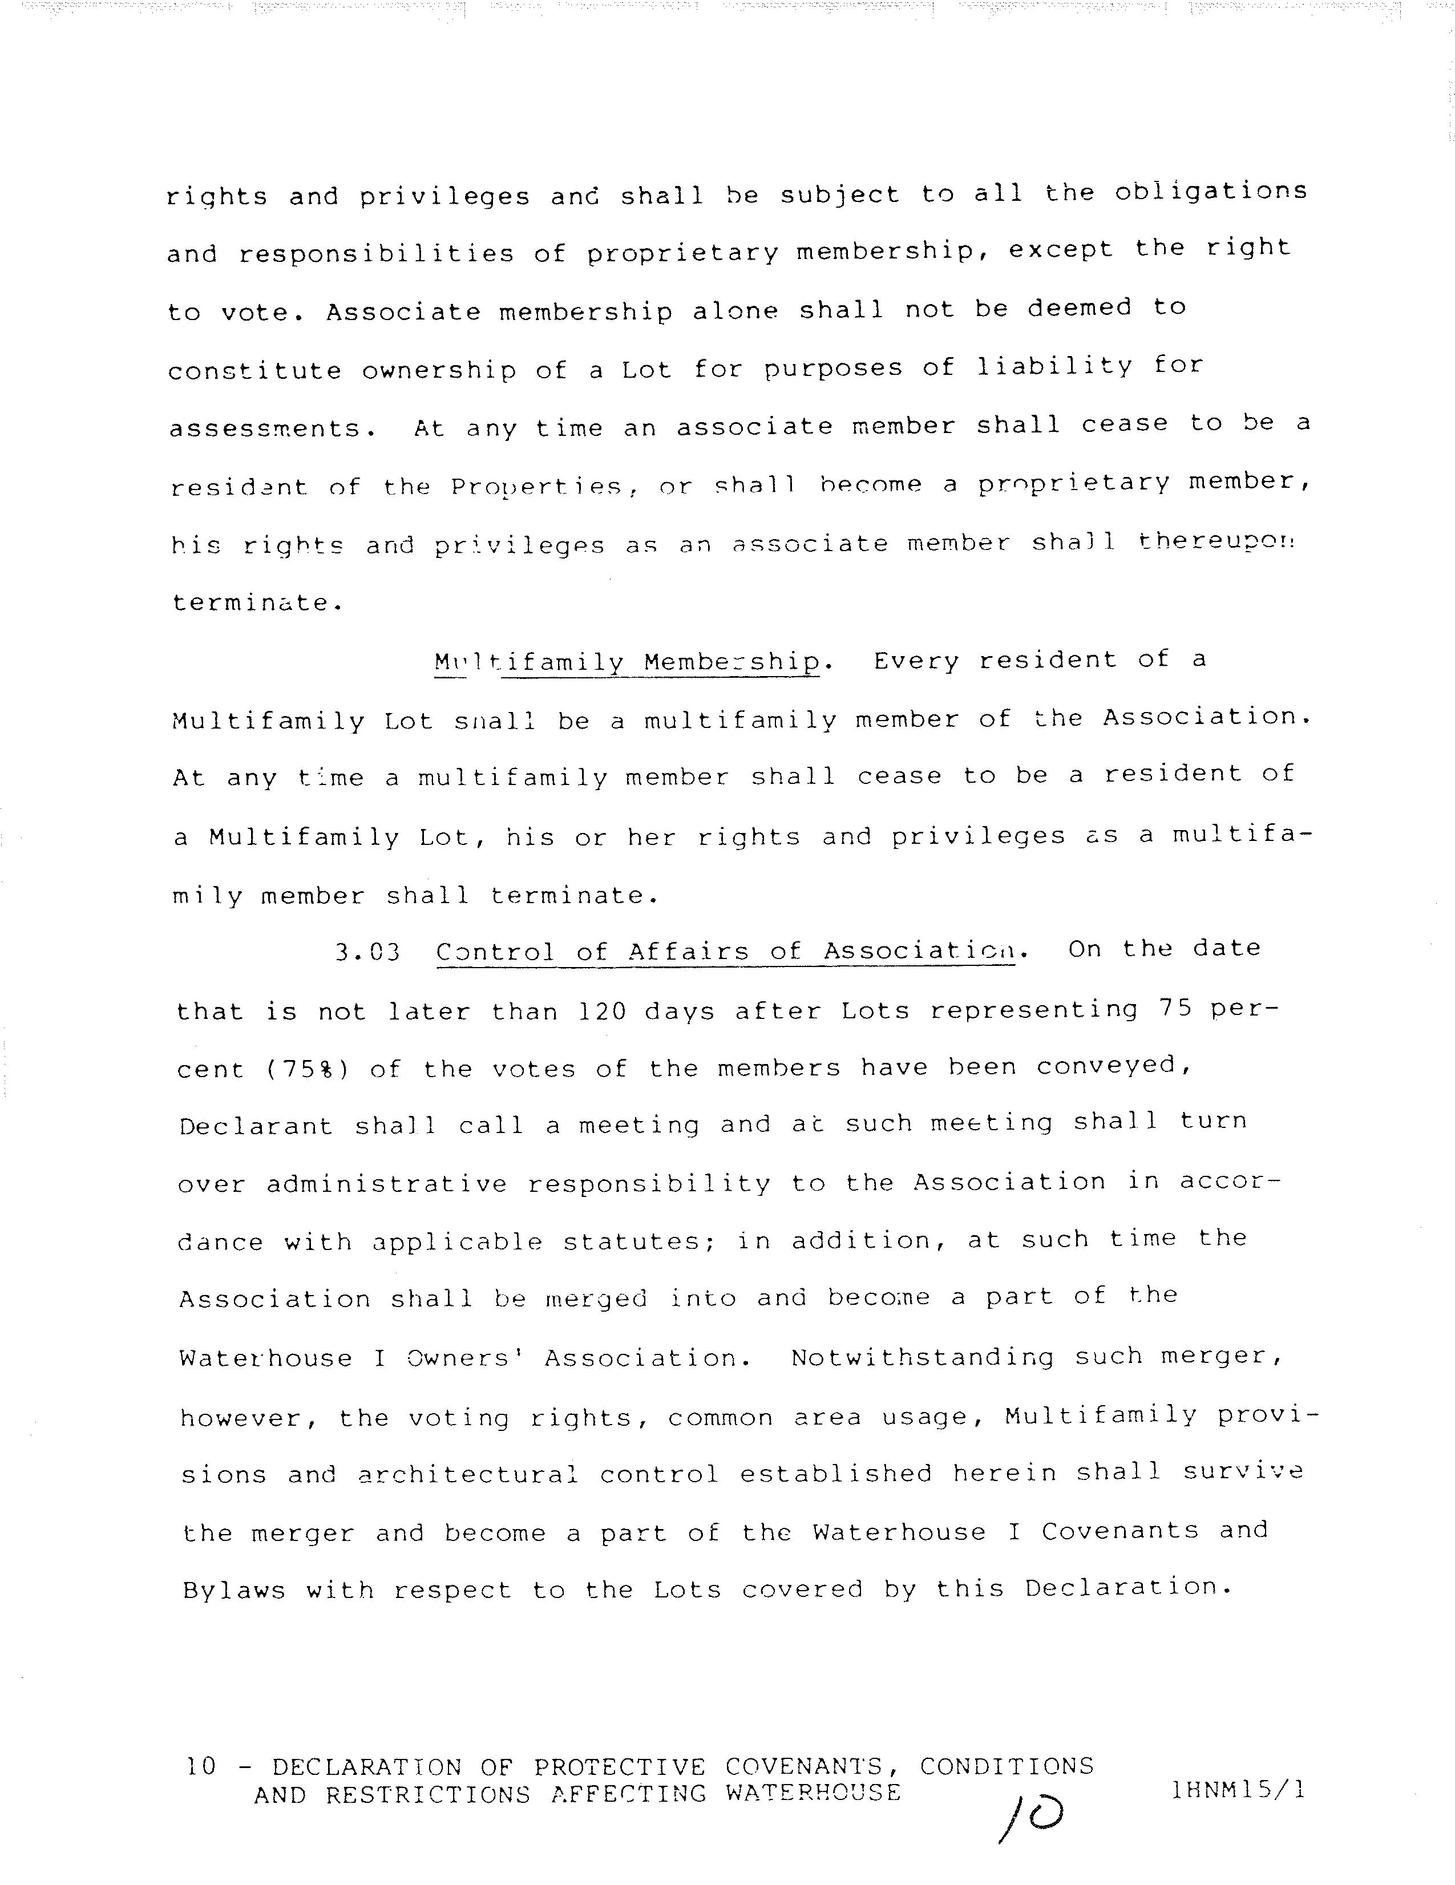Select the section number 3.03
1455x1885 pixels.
pyautogui.click(x=367, y=953)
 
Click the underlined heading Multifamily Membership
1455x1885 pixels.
pyautogui.click(x=627, y=663)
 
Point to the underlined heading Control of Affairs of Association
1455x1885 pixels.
pyautogui.click(x=725, y=952)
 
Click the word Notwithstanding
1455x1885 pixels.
pyautogui.click(x=921, y=1358)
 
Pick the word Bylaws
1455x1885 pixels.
pyautogui.click(x=234, y=1590)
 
